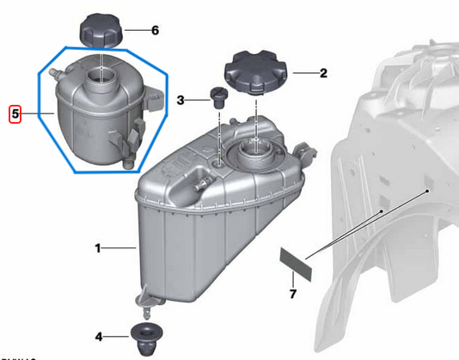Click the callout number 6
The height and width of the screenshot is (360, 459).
tap(155, 30)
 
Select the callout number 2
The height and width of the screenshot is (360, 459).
tap(323, 73)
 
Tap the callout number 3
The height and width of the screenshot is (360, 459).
tap(181, 101)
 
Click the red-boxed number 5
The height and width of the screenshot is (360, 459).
tap(14, 113)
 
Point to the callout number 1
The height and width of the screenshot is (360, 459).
tap(99, 249)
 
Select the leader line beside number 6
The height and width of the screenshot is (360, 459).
tap(136, 30)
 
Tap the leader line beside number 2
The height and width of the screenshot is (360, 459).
tap(301, 73)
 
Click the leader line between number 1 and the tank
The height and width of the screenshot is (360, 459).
tap(119, 249)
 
